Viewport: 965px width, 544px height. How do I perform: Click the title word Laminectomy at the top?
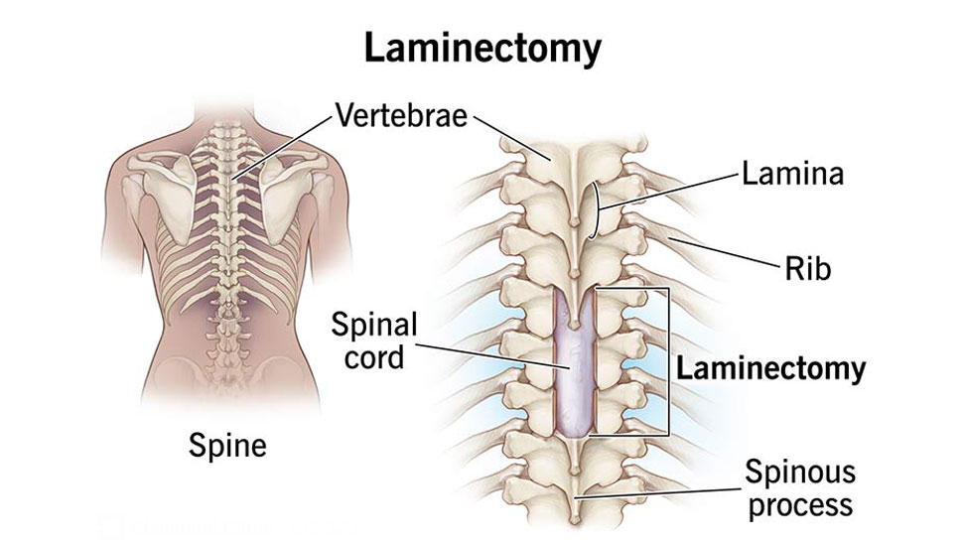point(482,48)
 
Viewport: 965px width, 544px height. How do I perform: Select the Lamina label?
point(791,175)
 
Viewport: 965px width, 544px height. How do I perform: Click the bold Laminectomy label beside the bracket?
point(770,370)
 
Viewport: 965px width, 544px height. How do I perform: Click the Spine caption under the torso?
point(227,446)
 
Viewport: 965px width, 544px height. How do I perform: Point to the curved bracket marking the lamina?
point(594,210)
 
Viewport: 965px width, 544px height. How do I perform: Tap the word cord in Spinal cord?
point(374,357)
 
